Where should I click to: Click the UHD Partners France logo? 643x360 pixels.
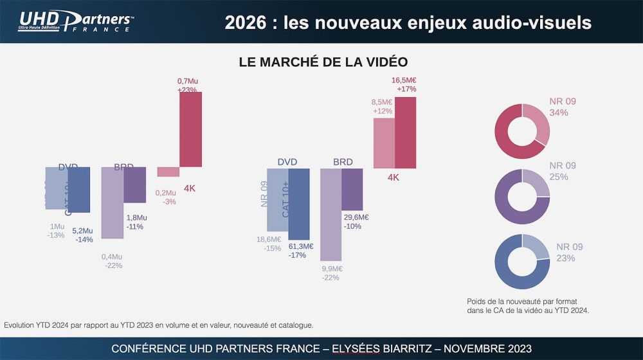pyautogui.click(x=76, y=22)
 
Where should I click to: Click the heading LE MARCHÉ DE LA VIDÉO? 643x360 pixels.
pyautogui.click(x=323, y=62)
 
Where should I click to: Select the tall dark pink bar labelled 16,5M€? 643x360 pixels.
pyautogui.click(x=405, y=132)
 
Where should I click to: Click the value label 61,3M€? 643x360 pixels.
pyautogui.click(x=300, y=246)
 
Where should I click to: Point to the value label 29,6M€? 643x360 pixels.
pyautogui.click(x=356, y=217)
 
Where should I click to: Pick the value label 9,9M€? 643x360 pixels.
pyautogui.click(x=332, y=269)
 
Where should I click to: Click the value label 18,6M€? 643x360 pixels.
pyautogui.click(x=269, y=240)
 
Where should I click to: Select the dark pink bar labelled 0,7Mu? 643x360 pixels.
pyautogui.click(x=190, y=129)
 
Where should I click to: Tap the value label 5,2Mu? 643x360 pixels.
pyautogui.click(x=82, y=231)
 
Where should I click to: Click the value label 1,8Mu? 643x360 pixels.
pyautogui.click(x=136, y=218)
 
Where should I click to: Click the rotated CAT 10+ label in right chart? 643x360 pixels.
pyautogui.click(x=286, y=199)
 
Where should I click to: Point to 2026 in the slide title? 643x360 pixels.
pyautogui.click(x=245, y=22)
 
